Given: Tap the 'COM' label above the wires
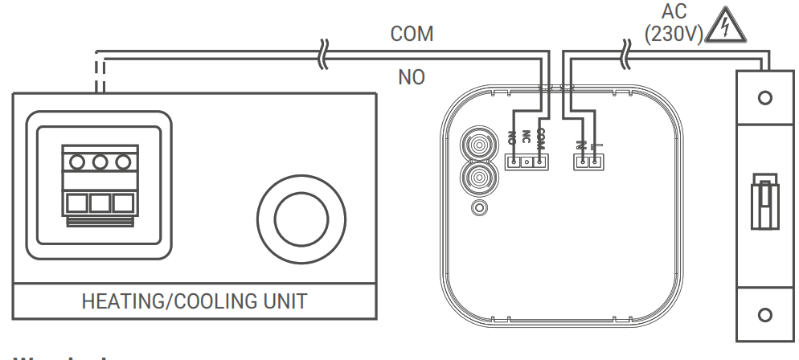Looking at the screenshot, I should pyautogui.click(x=412, y=34).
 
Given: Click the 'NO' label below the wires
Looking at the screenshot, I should pyautogui.click(x=412, y=78).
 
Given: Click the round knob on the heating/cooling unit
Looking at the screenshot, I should pyautogui.click(x=301, y=216).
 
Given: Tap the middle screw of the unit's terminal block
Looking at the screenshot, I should pyautogui.click(x=100, y=162).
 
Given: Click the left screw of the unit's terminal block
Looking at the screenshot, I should pyautogui.click(x=78, y=162).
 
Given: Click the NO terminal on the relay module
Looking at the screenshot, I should pyautogui.click(x=512, y=162).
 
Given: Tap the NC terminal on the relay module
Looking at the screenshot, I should pyautogui.click(x=526, y=162).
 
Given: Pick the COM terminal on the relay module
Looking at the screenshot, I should pyautogui.click(x=539, y=162).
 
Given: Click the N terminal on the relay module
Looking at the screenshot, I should pyautogui.click(x=580, y=162).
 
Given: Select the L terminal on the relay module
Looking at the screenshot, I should pyautogui.click(x=594, y=162).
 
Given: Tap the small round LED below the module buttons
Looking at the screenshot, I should pyautogui.click(x=480, y=208).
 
